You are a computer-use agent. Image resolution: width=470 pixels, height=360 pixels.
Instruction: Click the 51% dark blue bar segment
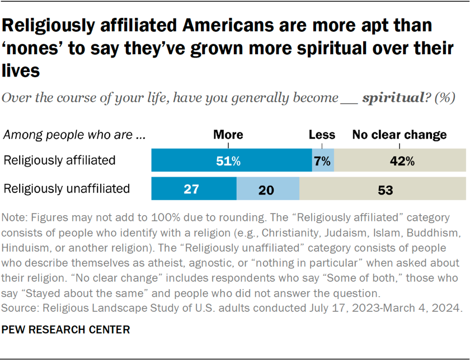pyautogui.click(x=232, y=161)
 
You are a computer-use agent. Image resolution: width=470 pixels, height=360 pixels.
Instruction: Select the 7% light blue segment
pyautogui.click(x=323, y=161)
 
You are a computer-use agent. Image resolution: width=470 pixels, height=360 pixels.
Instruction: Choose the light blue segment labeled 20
pyautogui.click(x=268, y=190)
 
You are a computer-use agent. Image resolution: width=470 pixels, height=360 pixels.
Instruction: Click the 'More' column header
pyautogui.click(x=228, y=135)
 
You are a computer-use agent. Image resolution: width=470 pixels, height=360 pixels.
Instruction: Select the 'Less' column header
pyautogui.click(x=322, y=135)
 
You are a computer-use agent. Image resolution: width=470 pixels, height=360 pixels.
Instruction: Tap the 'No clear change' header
pyautogui.click(x=399, y=135)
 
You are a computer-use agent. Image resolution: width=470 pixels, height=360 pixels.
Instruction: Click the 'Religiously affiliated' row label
pyautogui.click(x=59, y=160)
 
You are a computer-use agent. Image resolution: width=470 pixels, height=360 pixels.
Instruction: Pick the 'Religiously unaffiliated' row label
pyautogui.click(x=67, y=188)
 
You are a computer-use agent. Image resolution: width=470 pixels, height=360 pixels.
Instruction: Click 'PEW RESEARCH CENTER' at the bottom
pyautogui.click(x=66, y=330)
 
